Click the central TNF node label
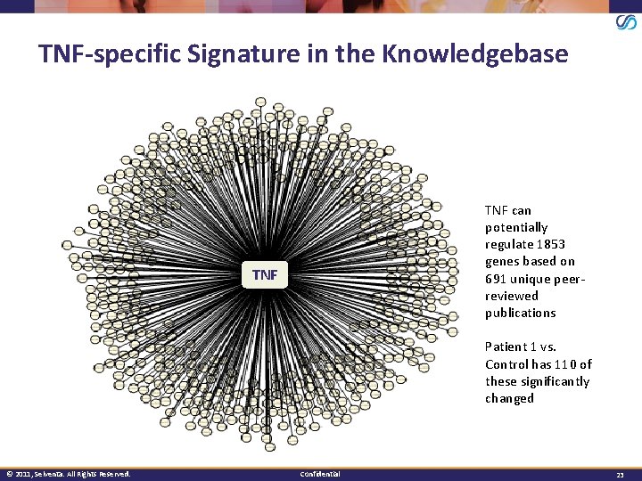coord(265,275)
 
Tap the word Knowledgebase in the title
coord(474,54)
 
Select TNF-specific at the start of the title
coord(108,55)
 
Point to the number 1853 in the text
coord(549,244)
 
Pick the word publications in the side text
coord(520,313)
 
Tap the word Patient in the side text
coord(506,346)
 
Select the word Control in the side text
coord(506,364)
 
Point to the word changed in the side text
coord(509,398)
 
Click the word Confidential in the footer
coord(320,473)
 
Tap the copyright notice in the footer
coord(68,473)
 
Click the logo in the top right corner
coord(626,22)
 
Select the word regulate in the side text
coord(510,244)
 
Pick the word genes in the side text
coord(503,262)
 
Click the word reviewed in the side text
coord(512,296)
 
